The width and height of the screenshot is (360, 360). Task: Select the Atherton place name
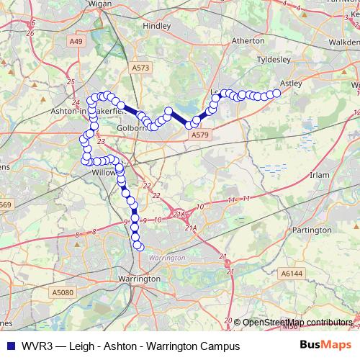[x=248, y=41]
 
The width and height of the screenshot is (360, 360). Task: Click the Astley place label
[x=290, y=83]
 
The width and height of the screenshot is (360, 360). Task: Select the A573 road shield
[x=140, y=67]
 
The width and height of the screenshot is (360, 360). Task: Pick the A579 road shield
[x=199, y=134]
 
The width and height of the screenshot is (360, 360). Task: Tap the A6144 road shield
[x=292, y=274]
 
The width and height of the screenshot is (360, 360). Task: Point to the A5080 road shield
[x=63, y=293]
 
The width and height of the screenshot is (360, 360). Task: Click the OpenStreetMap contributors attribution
[x=295, y=322]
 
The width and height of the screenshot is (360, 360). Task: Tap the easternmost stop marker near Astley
[x=276, y=93]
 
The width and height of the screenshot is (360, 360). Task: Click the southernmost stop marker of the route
[x=139, y=246]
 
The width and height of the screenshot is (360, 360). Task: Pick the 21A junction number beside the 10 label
[x=180, y=214]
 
